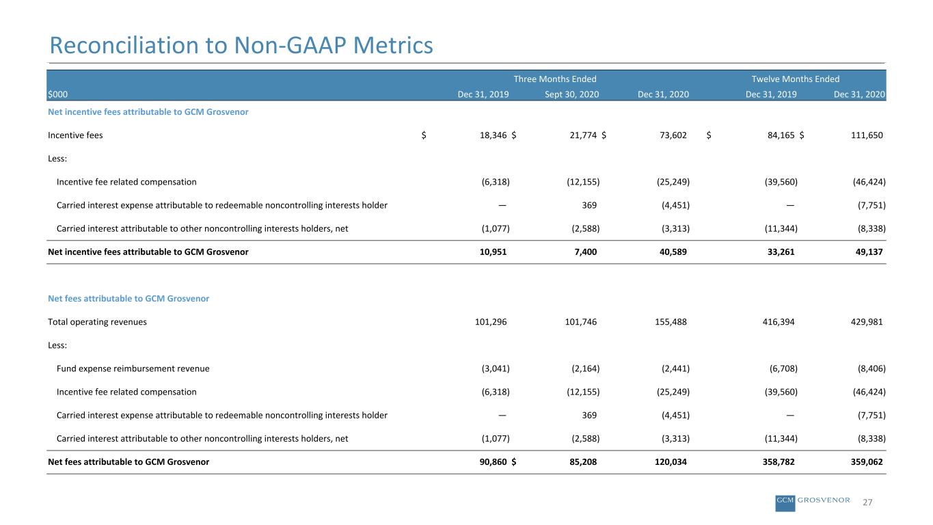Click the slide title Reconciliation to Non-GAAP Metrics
(x=241, y=45)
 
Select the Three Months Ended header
(x=555, y=79)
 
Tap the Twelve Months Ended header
(x=795, y=79)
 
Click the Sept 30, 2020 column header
(x=572, y=94)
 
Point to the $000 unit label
(x=57, y=94)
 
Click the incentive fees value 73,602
(x=673, y=135)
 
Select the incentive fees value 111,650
(x=867, y=135)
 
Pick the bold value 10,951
(x=493, y=252)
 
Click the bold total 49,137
(x=869, y=252)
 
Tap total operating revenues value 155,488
(x=671, y=322)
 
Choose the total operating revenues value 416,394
(x=779, y=322)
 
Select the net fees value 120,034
(x=671, y=461)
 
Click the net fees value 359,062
(x=867, y=461)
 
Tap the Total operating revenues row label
(x=98, y=322)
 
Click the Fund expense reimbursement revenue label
(x=133, y=368)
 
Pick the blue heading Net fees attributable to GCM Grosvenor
(x=129, y=298)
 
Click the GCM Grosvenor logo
(x=813, y=502)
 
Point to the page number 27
(x=867, y=502)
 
